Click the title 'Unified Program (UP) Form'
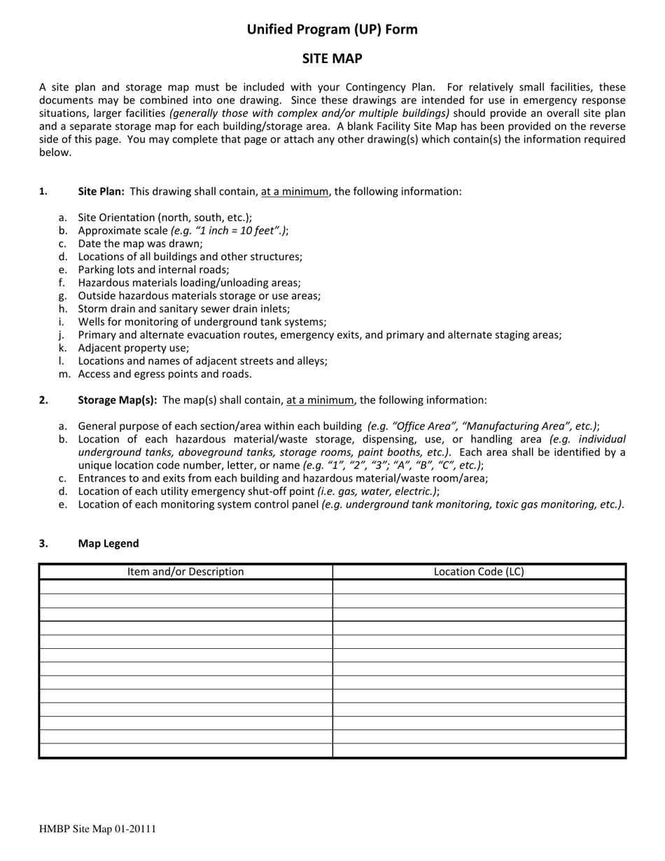(x=332, y=29)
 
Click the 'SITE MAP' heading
(x=332, y=59)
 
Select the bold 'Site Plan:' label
(x=101, y=191)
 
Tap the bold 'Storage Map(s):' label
(x=117, y=400)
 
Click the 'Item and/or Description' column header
(x=185, y=572)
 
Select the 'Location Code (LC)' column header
(x=479, y=572)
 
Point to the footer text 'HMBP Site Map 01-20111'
(x=97, y=829)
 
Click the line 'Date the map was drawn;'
(x=140, y=244)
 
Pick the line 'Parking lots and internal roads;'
(x=153, y=269)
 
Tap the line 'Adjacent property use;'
(x=134, y=348)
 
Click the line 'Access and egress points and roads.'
(x=164, y=374)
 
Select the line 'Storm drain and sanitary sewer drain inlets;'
(x=183, y=309)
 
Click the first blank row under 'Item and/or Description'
(x=185, y=587)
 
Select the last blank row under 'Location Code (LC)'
(x=479, y=750)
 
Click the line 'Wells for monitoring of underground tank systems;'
(x=202, y=322)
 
